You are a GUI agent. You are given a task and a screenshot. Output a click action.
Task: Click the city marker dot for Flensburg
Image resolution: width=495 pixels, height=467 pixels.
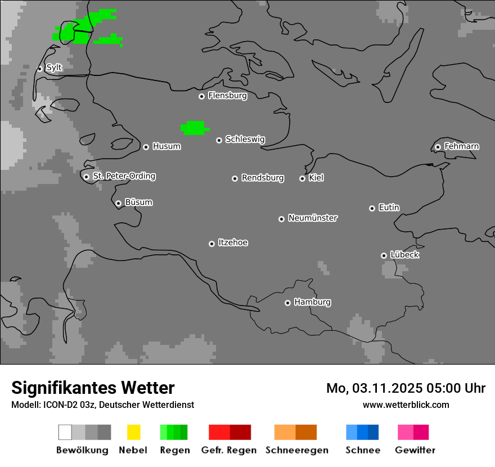click(201, 96)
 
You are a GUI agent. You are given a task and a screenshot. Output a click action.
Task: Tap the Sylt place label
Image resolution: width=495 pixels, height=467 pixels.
click(54, 68)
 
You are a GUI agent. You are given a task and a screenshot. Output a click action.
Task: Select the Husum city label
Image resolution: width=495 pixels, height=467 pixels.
click(166, 146)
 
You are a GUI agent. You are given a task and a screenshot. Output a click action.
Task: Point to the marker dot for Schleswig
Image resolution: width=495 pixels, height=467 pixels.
click(219, 140)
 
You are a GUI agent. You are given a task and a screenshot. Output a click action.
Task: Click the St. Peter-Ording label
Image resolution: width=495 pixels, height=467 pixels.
click(124, 176)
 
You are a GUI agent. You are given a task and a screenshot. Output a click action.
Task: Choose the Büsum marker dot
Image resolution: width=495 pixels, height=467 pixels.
click(118, 203)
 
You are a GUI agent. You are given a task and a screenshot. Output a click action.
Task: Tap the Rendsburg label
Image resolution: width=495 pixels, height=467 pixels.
click(263, 178)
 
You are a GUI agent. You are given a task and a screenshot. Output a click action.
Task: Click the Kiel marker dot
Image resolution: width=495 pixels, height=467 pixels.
click(302, 178)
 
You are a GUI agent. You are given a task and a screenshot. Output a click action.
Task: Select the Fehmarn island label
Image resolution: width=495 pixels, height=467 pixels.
click(461, 146)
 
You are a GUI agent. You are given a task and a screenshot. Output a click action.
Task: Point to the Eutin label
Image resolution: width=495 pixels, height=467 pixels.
click(389, 208)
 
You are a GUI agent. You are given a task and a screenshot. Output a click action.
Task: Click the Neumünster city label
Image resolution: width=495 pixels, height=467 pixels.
click(313, 218)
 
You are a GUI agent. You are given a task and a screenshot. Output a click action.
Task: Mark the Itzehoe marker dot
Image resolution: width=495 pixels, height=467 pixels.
click(211, 244)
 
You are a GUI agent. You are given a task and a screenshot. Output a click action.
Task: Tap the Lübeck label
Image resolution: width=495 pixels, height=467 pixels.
click(404, 255)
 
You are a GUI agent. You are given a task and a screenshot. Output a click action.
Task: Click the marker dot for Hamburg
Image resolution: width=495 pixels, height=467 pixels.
click(287, 303)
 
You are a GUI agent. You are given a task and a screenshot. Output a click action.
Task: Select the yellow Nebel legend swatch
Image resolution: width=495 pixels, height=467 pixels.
click(133, 432)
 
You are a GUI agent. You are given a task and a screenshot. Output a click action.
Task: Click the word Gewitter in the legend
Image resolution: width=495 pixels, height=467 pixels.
click(415, 450)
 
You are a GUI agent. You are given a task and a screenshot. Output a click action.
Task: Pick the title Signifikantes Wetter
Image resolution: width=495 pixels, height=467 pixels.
click(93, 388)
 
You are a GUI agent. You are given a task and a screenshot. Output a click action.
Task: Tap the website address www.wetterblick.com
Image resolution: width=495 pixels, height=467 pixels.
click(406, 405)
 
